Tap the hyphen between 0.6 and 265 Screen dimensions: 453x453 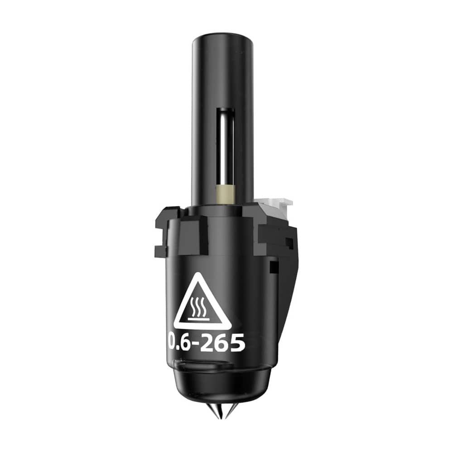(x=195, y=344)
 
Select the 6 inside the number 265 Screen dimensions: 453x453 (x=222, y=342)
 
